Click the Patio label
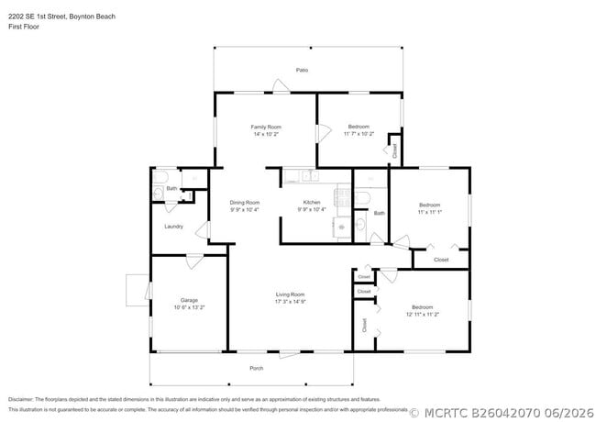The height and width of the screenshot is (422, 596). pyautogui.click(x=302, y=70)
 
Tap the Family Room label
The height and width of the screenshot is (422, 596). pyautogui.click(x=266, y=127)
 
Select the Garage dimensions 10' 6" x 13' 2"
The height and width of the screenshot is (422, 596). pyautogui.click(x=189, y=307)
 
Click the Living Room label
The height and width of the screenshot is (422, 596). pyautogui.click(x=290, y=294)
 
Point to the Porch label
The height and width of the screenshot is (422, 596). pyautogui.click(x=257, y=368)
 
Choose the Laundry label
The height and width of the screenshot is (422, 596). pyautogui.click(x=173, y=227)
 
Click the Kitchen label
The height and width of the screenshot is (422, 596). pyautogui.click(x=312, y=202)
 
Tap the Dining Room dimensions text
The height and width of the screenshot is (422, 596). pyautogui.click(x=245, y=209)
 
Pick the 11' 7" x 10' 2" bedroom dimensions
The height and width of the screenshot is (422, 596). pyautogui.click(x=359, y=133)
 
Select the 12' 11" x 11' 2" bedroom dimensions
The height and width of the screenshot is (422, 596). pyautogui.click(x=423, y=315)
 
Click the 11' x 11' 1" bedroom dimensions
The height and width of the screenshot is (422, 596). pyautogui.click(x=430, y=212)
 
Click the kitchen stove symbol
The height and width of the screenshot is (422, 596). pyautogui.click(x=342, y=197)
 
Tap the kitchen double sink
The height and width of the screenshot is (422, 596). pyautogui.click(x=310, y=175)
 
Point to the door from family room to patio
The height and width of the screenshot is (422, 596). pyautogui.click(x=281, y=85)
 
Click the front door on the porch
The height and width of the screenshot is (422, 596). pyautogui.click(x=290, y=354)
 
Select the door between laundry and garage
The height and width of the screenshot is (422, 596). pyautogui.click(x=194, y=261)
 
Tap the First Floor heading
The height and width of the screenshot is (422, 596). pyautogui.click(x=24, y=27)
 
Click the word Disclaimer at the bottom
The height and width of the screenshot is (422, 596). pyautogui.click(x=21, y=400)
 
